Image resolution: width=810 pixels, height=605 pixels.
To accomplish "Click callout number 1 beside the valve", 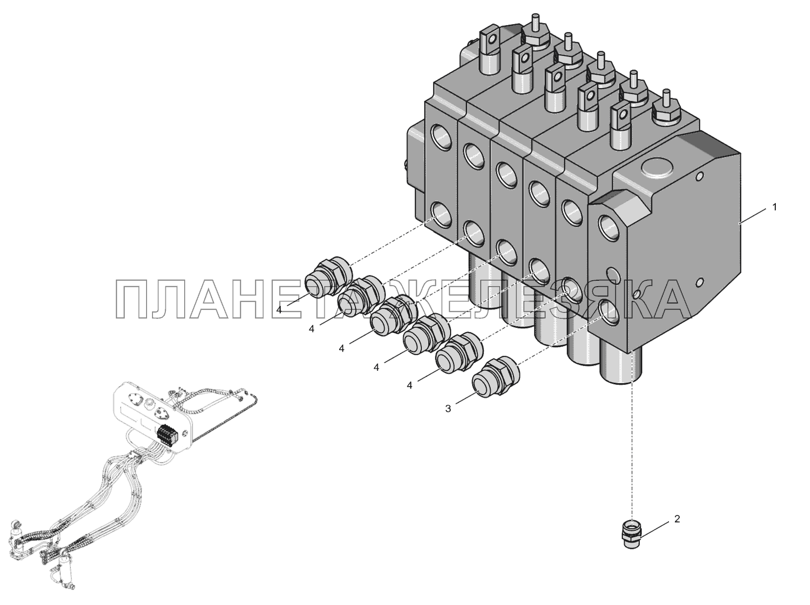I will pyautogui.click(x=774, y=207).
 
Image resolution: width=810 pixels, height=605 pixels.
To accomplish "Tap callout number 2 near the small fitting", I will pyautogui.click(x=677, y=519).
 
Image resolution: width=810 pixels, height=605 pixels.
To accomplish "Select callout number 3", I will pyautogui.click(x=448, y=408).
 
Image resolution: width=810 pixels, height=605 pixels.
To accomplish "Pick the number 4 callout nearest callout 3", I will pyautogui.click(x=409, y=386).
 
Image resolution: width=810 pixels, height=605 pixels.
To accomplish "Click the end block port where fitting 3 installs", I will pyautogui.click(x=608, y=312).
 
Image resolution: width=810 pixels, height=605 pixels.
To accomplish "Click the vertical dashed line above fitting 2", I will pyautogui.click(x=633, y=446).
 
